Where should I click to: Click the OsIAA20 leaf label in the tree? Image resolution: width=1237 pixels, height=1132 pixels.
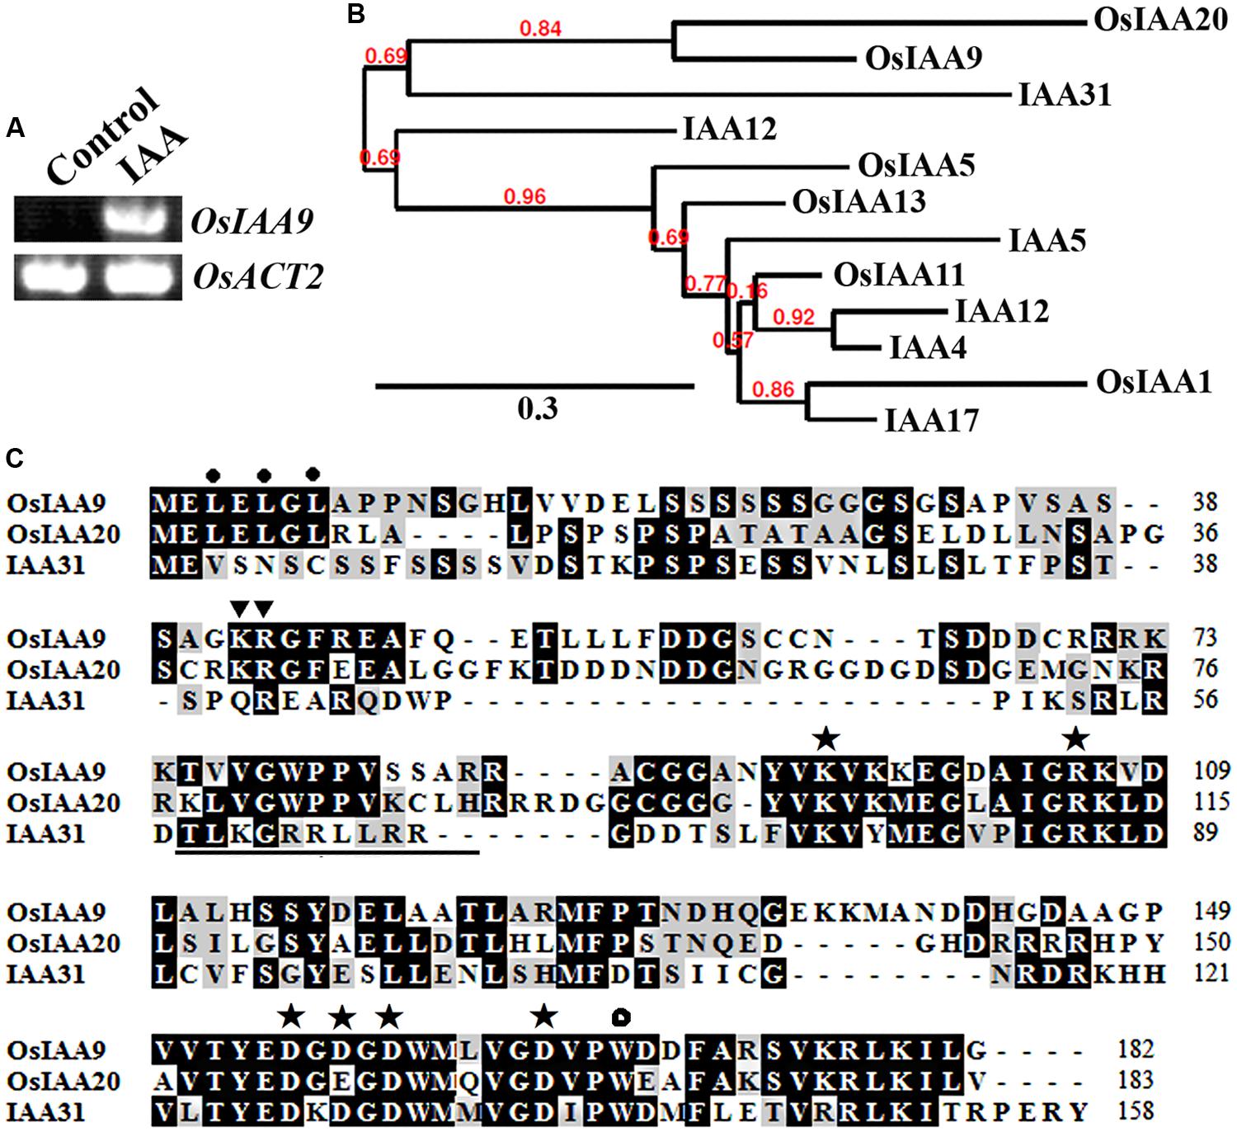tap(1160, 20)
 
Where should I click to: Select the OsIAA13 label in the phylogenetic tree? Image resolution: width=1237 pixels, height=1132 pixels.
tap(858, 201)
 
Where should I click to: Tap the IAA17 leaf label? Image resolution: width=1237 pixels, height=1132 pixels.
tap(931, 421)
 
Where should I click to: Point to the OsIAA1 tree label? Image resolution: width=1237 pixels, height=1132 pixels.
tap(1154, 382)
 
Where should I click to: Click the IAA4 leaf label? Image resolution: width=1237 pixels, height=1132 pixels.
tap(928, 347)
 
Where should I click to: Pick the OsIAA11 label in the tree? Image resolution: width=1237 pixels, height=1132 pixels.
tap(898, 275)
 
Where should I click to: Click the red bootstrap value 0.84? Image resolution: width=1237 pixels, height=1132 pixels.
tap(540, 29)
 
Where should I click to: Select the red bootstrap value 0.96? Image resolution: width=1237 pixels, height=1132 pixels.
tap(525, 196)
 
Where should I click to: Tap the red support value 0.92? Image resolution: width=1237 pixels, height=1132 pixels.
tap(793, 317)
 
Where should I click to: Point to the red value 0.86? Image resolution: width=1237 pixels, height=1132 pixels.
tap(773, 389)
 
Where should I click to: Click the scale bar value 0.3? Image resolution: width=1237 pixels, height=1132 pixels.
tap(537, 408)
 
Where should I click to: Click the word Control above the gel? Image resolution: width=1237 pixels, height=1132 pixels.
tap(101, 136)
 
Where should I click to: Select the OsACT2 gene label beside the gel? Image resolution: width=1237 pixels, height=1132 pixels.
tap(257, 277)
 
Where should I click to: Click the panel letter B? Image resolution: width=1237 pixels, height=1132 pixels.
tap(356, 14)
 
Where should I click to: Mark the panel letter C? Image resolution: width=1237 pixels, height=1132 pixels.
tap(15, 459)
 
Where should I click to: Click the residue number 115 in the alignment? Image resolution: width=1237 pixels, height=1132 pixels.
tap(1211, 801)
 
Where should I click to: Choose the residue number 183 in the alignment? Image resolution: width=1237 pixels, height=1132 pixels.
tap(1136, 1080)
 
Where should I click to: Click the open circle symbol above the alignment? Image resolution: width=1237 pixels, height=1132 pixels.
tap(621, 1017)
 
